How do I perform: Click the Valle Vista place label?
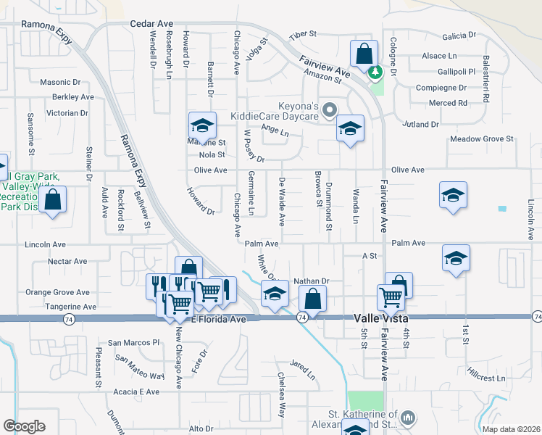click(382, 318)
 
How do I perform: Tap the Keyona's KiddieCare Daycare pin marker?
click(330, 110)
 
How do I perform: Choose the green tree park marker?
click(375, 72)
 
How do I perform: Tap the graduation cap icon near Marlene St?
click(202, 125)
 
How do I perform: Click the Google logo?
click(25, 426)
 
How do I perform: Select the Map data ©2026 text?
click(510, 429)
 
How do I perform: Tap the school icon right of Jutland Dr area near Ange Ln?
click(350, 129)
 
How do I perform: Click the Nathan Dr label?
click(312, 281)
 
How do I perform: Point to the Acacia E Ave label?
click(137, 392)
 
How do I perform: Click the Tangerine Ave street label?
click(71, 307)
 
